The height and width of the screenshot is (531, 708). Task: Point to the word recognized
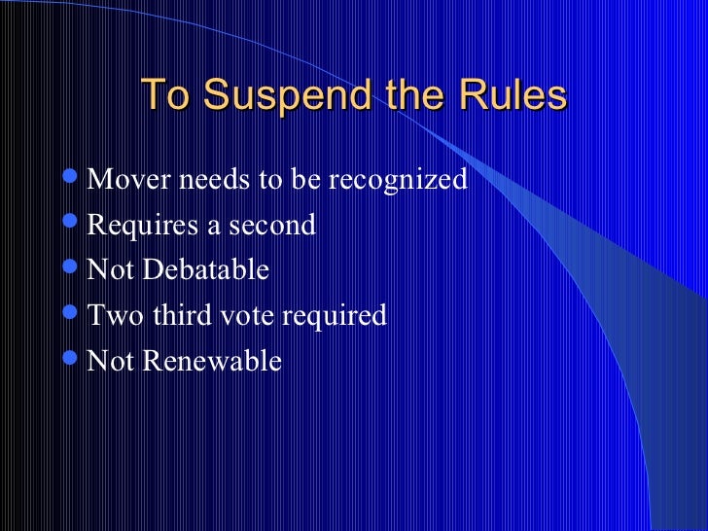coord(405,180)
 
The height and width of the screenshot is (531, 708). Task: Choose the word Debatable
coord(206,270)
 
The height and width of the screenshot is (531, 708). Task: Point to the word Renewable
coord(212,362)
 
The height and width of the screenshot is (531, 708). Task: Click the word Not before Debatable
coord(111,270)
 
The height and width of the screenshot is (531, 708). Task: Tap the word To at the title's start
coord(166,96)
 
